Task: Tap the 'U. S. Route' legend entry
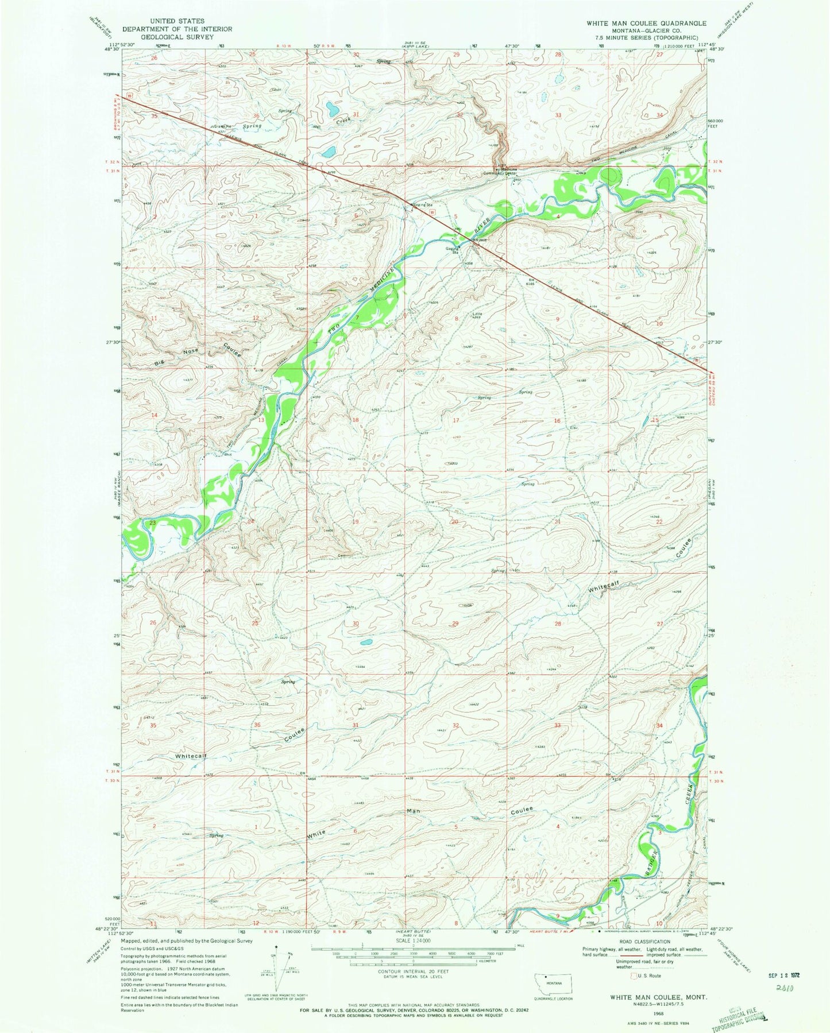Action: pyautogui.click(x=647, y=976)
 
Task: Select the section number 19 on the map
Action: pyautogui.click(x=355, y=521)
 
